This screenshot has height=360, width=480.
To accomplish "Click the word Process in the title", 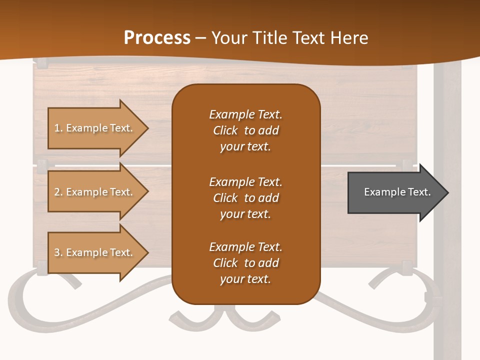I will point(157,37).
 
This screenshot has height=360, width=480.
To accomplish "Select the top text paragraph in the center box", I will point(245,130).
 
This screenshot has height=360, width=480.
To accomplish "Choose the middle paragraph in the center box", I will point(245,198).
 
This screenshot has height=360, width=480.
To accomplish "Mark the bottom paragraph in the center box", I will point(245,263).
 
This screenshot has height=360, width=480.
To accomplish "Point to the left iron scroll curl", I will point(30,300).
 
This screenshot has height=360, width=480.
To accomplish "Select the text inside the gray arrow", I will point(397,192).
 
